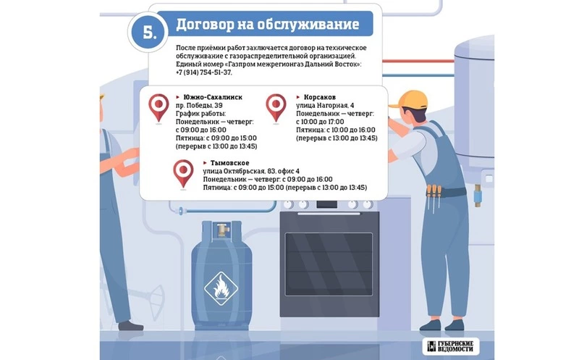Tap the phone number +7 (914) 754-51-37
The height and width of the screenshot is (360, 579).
coord(204,72)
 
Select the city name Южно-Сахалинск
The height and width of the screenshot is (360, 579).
coord(213,97)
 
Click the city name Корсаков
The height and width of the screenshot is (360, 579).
coord(320,97)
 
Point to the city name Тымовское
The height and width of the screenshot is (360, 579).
coord(229,163)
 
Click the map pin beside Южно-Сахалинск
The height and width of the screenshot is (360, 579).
coord(159,108)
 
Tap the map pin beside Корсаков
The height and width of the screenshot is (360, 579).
coord(276,108)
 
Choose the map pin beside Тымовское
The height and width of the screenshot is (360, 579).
coord(183,174)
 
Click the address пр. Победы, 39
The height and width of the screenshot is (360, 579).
coord(199,105)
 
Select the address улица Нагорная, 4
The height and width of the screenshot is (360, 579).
coord(325,105)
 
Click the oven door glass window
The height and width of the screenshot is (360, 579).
coord(329,264)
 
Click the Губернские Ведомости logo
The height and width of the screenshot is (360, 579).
coord(450,346)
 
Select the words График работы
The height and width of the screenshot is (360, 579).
coord(201,114)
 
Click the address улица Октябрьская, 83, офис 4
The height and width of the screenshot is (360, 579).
coord(251,171)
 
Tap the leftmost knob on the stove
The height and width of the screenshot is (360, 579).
coord(288,204)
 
